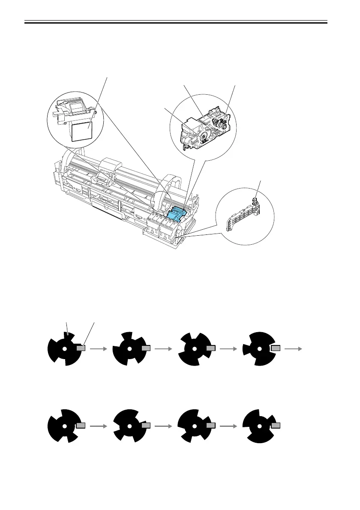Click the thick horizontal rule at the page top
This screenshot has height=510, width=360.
(176, 22)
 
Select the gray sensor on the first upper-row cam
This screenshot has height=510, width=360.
(81, 348)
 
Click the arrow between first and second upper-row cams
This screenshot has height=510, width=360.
(98, 349)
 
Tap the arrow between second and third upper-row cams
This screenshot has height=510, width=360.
(163, 349)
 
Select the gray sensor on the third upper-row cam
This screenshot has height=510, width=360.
(210, 348)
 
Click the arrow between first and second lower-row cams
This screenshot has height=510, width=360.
(98, 426)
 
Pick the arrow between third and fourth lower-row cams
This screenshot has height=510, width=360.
(228, 426)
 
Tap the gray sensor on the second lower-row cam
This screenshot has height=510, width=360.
(146, 426)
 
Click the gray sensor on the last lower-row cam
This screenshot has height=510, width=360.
(276, 426)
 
